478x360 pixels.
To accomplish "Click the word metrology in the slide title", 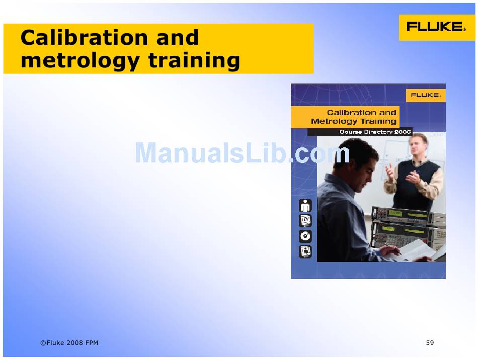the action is click(x=80, y=61).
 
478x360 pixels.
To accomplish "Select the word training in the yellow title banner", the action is click(x=194, y=60).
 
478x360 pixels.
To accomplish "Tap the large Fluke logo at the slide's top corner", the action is click(x=436, y=27).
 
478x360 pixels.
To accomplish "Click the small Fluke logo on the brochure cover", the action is click(x=426, y=96).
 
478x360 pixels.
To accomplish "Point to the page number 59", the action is click(x=430, y=342).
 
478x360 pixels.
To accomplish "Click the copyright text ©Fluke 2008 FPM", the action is click(x=69, y=342).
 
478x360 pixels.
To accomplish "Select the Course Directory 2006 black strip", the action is click(x=360, y=132).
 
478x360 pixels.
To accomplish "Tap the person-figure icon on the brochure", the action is click(x=305, y=206).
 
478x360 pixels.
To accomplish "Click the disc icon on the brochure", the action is click(x=305, y=236).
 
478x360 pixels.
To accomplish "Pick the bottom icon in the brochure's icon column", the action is click(x=305, y=251).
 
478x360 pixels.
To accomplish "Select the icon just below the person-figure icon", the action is click(x=305, y=221).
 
